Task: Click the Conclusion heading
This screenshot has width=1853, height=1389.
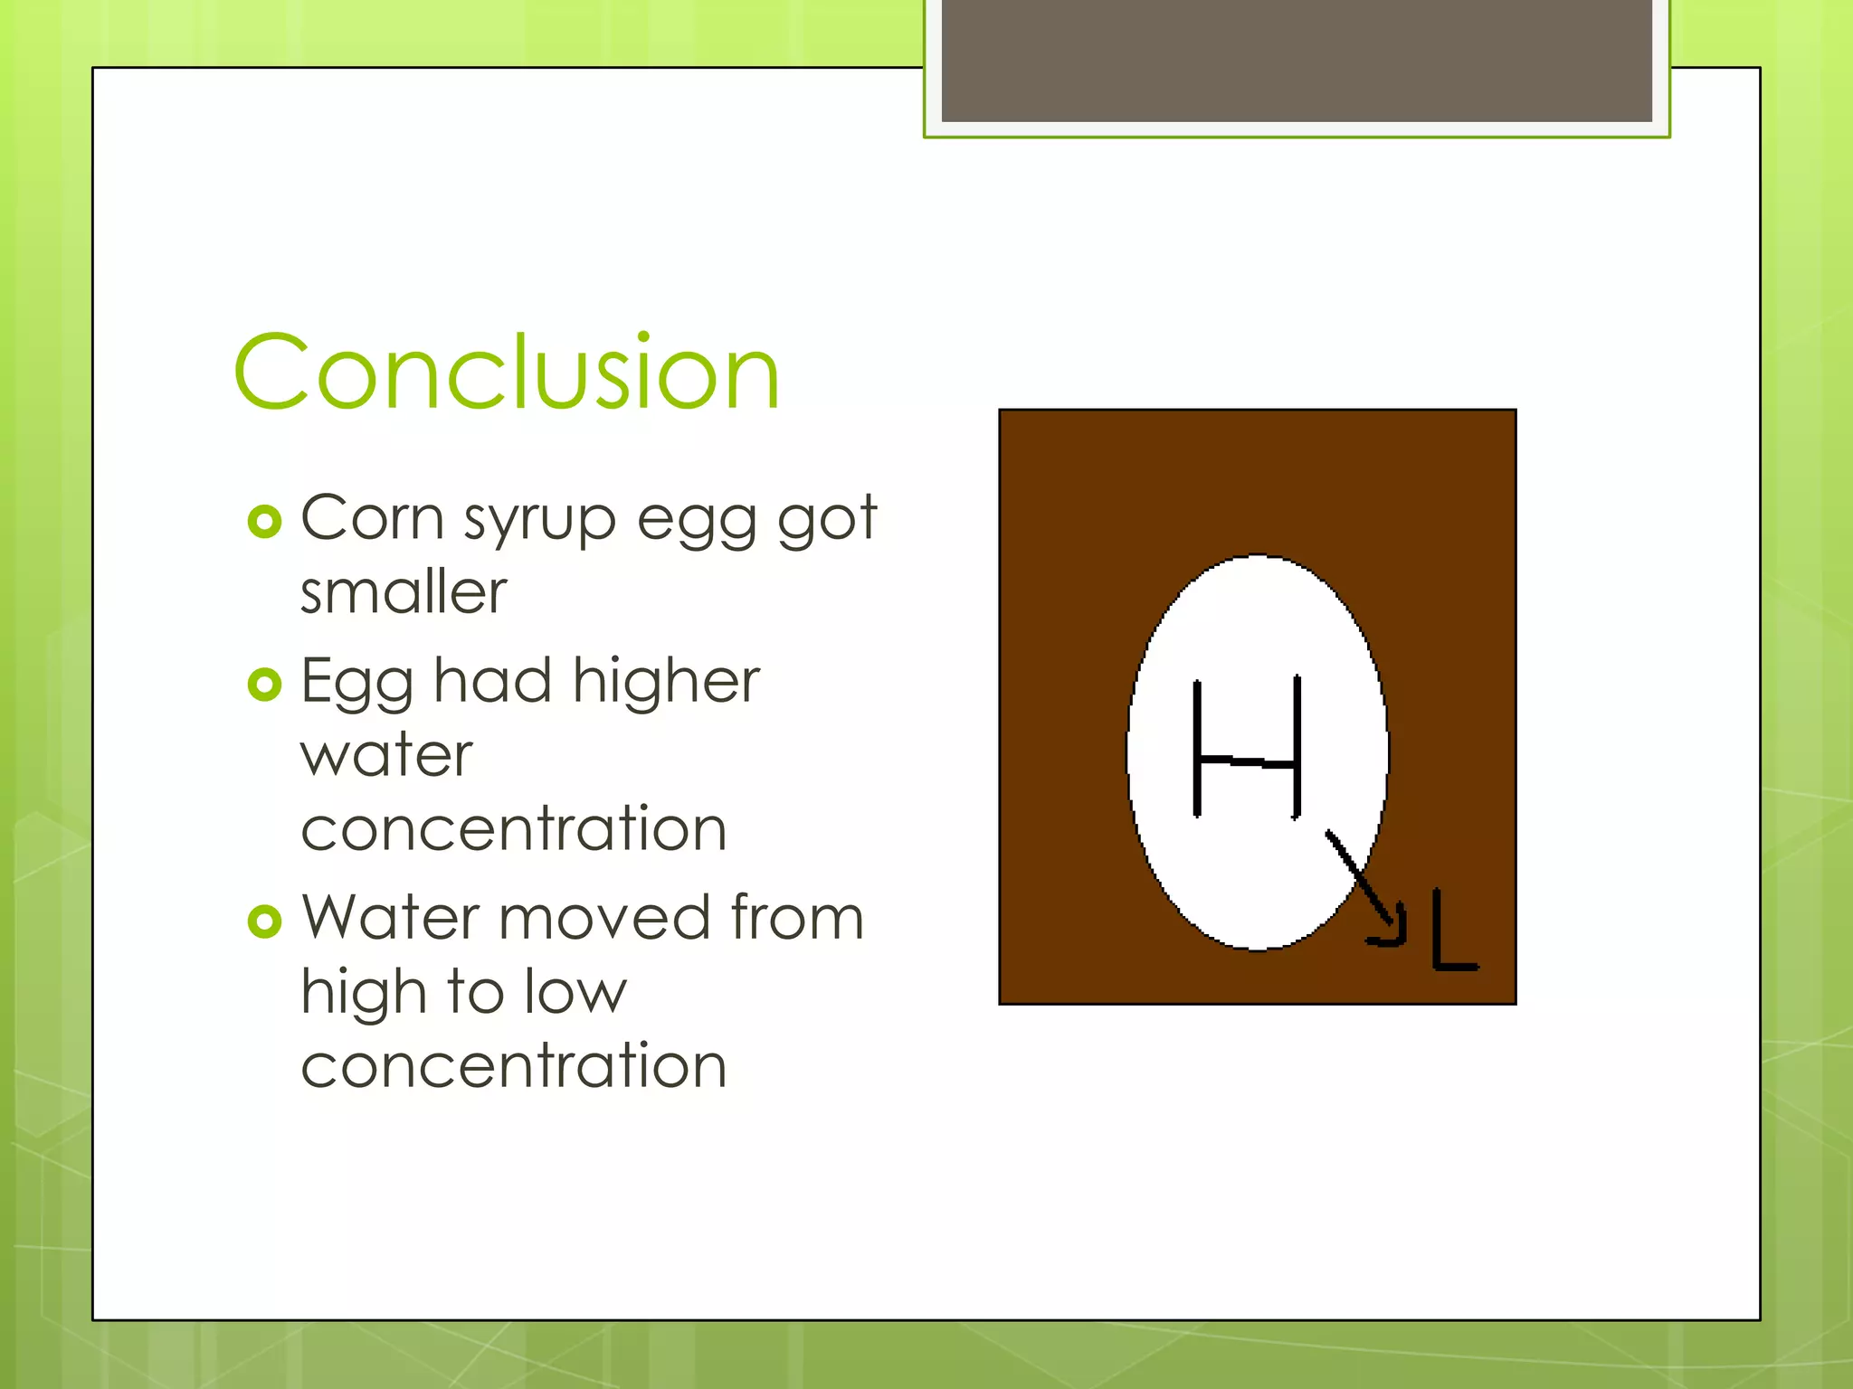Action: point(507,373)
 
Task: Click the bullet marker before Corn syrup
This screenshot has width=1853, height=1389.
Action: point(264,522)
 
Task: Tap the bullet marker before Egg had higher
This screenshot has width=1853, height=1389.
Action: point(264,685)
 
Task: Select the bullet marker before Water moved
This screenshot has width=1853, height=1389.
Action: point(264,921)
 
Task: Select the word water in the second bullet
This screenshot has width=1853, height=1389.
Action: point(386,756)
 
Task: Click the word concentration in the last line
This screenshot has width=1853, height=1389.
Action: point(513,1066)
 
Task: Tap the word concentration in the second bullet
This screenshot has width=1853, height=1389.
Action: point(513,829)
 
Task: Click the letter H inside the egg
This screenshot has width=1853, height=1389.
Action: point(1248,749)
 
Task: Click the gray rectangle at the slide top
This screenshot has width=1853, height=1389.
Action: point(1296,60)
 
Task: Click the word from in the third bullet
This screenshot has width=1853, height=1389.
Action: point(797,917)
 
